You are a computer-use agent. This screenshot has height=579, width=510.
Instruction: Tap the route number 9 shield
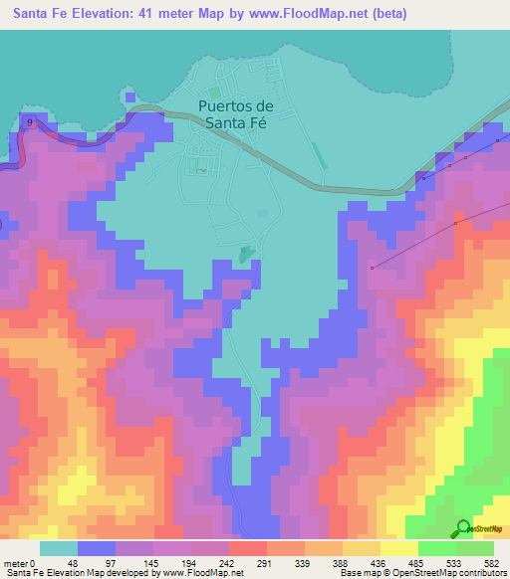tap(31, 122)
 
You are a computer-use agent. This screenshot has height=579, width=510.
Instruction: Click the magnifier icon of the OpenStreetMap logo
tap(463, 527)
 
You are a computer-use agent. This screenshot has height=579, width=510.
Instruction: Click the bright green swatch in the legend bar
tap(436, 548)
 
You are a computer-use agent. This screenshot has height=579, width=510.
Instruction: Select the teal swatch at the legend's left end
tap(58, 548)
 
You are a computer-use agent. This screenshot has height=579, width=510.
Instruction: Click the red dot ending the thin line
tap(372, 267)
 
